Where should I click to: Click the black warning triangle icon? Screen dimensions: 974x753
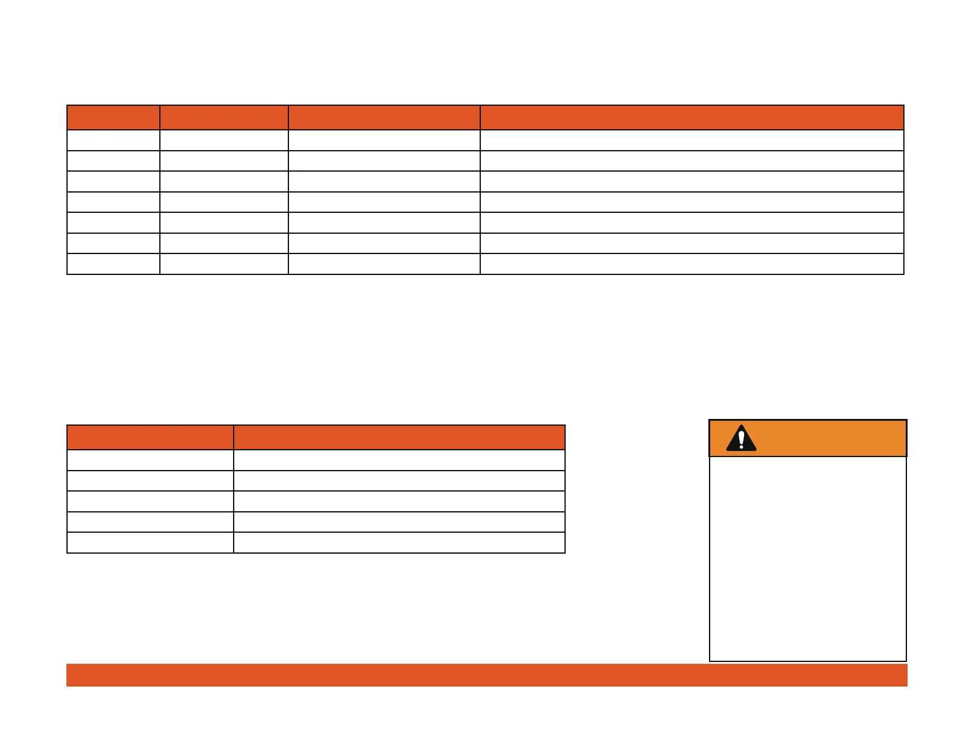click(x=741, y=439)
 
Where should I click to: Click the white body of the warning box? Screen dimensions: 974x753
click(x=807, y=558)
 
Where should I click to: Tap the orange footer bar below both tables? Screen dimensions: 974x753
click(x=486, y=675)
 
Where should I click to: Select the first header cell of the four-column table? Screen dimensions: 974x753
click(x=113, y=118)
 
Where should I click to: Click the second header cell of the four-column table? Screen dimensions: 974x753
click(x=224, y=118)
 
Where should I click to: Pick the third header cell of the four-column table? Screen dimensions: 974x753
click(x=384, y=118)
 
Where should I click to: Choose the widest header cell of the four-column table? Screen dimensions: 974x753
click(x=692, y=118)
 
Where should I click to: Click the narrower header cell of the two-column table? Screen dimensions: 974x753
click(x=150, y=437)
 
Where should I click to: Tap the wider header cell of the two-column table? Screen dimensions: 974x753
click(x=399, y=437)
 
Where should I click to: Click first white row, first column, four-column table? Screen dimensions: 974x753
click(x=113, y=140)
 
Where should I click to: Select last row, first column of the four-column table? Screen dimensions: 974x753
click(x=113, y=264)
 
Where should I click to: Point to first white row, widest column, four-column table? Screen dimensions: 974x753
click(x=692, y=140)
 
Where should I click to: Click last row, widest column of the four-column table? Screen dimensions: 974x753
click(x=692, y=264)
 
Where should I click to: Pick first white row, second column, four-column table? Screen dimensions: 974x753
click(x=224, y=140)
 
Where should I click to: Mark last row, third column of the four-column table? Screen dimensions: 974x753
click(x=384, y=264)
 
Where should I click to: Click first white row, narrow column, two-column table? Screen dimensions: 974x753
click(x=150, y=460)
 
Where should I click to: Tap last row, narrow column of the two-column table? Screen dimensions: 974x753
click(x=150, y=543)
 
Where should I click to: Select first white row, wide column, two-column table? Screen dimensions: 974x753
click(x=399, y=460)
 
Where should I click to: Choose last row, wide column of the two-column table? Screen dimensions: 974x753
click(x=399, y=543)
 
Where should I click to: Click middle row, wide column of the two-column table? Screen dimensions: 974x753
click(x=399, y=501)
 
